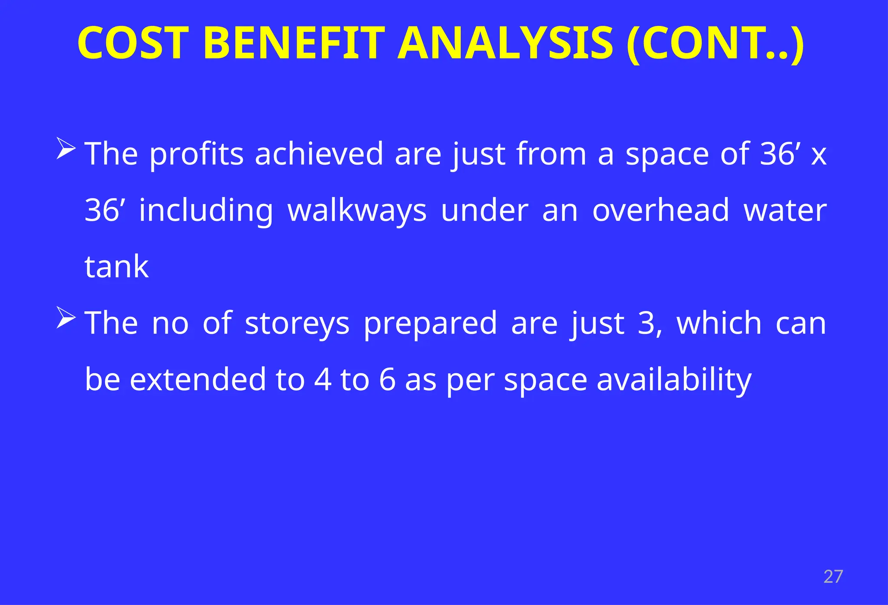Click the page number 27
pyautogui.click(x=833, y=577)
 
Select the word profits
pyautogui.click(x=197, y=155)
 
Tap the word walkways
pyautogui.click(x=357, y=211)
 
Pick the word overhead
pyautogui.click(x=661, y=210)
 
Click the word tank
pyautogui.click(x=117, y=267)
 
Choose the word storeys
pyautogui.click(x=297, y=324)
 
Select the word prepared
pyautogui.click(x=430, y=324)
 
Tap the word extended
pyautogui.click(x=198, y=379)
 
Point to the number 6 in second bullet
pyautogui.click(x=387, y=380)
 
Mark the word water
pyautogui.click(x=785, y=210)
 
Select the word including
pyautogui.click(x=206, y=211)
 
